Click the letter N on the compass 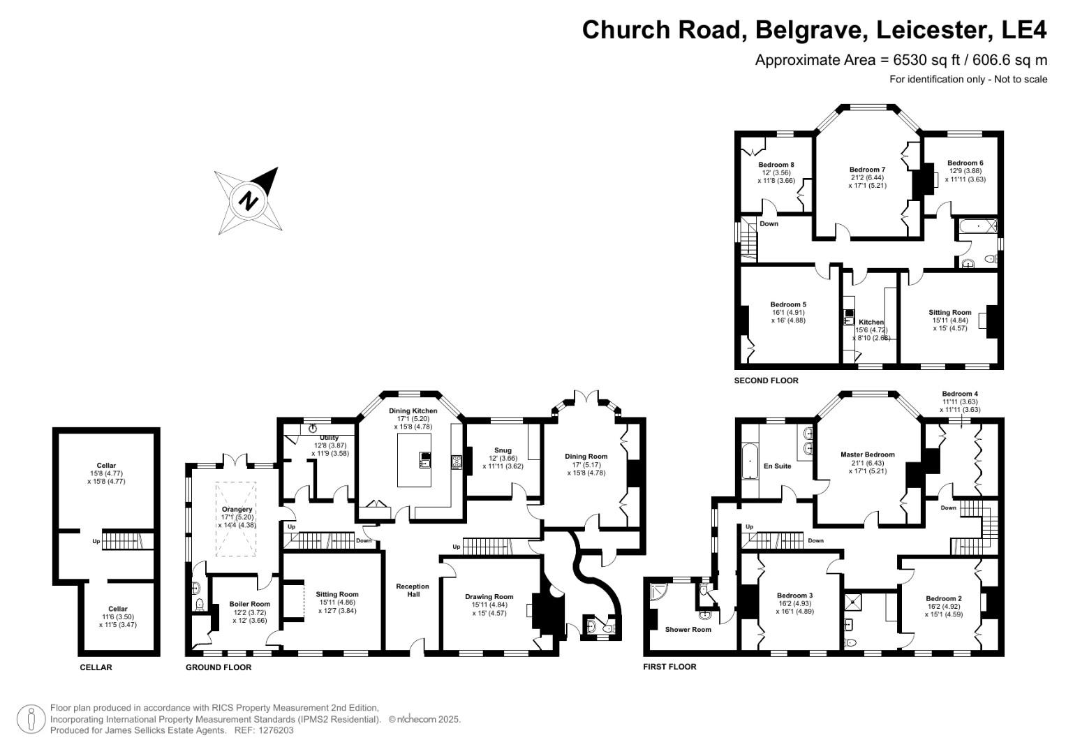(248, 200)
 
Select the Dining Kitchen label (413, 411)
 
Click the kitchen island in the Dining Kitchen (415, 459)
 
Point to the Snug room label (503, 450)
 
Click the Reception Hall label (413, 590)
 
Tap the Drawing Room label (489, 597)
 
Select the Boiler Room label (249, 604)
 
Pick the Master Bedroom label (867, 454)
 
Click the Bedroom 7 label (867, 170)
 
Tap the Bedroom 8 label (776, 165)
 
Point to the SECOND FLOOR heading (766, 380)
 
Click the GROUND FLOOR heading (219, 667)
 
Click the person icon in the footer (31, 719)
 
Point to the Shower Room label (688, 629)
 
